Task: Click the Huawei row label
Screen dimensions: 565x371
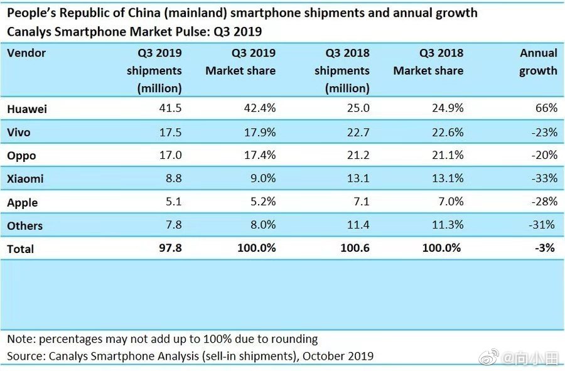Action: coord(27,109)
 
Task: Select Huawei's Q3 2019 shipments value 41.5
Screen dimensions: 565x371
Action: coord(170,108)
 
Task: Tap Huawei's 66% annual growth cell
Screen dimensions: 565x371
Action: coord(546,108)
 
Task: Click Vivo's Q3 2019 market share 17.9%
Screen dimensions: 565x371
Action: coord(260,132)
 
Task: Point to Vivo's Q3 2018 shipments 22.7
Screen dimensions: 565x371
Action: coord(358,132)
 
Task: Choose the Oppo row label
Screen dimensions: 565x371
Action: coord(21,156)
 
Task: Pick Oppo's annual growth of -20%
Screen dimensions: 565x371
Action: coord(544,155)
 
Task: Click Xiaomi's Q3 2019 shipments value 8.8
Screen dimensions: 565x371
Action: coord(174,178)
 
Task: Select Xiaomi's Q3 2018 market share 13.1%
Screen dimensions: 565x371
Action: coord(448,178)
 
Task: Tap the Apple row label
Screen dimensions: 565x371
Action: coord(23,203)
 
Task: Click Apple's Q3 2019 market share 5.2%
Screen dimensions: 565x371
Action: coord(263,202)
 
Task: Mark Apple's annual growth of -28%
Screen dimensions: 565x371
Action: coord(544,202)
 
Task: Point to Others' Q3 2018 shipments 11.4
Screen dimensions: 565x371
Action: coord(358,225)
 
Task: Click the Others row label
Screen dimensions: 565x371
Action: coord(25,226)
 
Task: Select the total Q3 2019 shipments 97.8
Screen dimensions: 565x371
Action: coord(170,248)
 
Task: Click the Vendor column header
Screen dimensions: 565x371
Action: coord(26,53)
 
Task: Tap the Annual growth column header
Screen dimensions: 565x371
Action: coord(539,62)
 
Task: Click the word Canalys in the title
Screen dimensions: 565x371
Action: coord(28,31)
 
